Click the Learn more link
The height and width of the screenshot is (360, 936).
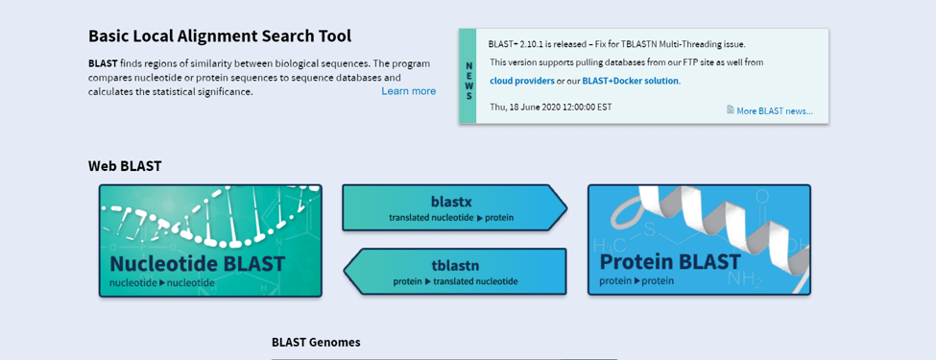coord(408,91)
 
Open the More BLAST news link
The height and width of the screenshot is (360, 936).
coord(774,111)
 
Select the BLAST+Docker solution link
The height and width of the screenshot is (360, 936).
coord(631,81)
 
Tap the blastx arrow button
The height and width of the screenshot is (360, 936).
coord(454,207)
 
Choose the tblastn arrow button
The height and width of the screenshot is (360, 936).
coord(454,272)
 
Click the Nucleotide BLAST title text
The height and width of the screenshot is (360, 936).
coord(198,263)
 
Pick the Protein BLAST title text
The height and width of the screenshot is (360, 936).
coord(670,261)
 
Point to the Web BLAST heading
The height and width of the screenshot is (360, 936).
coord(125,166)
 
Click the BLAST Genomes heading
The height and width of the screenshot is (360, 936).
coord(316,342)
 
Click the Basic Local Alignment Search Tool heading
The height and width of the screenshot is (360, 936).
coord(220,36)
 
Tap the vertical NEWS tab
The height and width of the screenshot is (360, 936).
coord(468,77)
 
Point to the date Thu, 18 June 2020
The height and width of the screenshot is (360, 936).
coord(551,107)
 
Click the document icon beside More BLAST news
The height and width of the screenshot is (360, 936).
coord(730,109)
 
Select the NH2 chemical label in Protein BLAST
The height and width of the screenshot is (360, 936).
coord(745,278)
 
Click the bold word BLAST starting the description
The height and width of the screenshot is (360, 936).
coord(103,63)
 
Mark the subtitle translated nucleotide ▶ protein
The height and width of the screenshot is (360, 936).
coord(451,218)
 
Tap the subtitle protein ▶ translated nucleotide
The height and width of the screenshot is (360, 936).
coord(455,281)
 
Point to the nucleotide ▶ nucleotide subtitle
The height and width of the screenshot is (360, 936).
coord(162,282)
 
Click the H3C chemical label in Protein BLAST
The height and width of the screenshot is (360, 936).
coord(612,244)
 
